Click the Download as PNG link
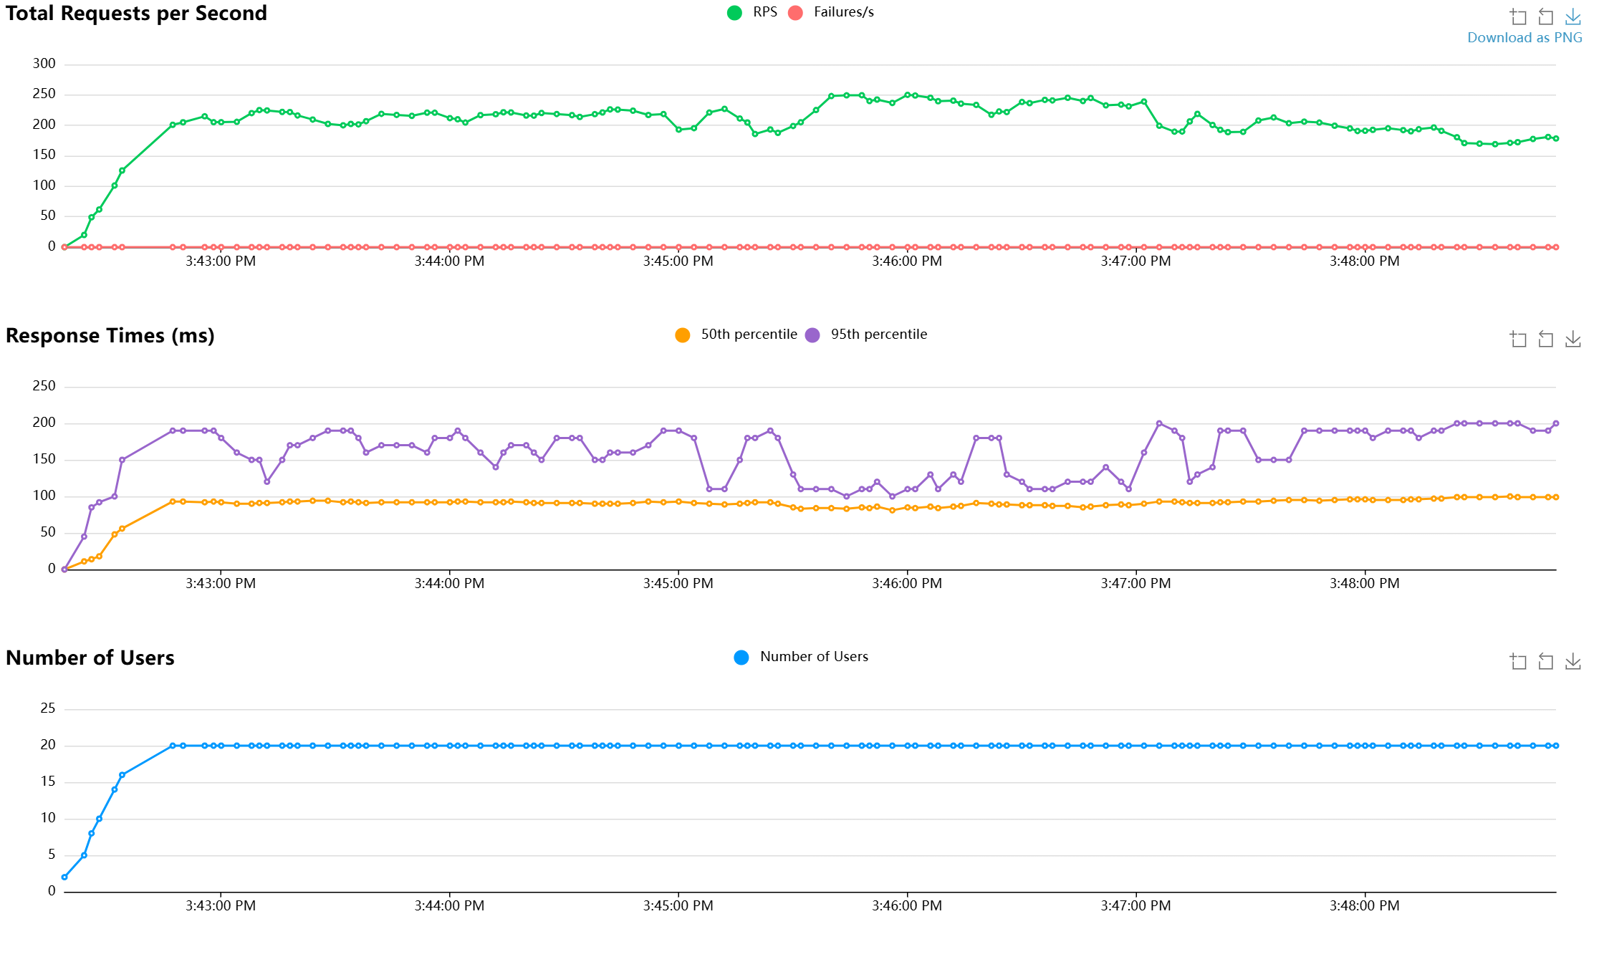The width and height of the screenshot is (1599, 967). tap(1524, 38)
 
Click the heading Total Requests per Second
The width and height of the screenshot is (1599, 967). tap(136, 14)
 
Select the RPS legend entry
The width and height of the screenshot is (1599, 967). tap(752, 12)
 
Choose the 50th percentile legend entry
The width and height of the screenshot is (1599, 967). tap(736, 335)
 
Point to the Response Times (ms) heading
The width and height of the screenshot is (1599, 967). tap(110, 336)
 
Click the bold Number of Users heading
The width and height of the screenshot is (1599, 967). tap(90, 658)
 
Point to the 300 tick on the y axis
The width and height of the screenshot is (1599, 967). tap(44, 64)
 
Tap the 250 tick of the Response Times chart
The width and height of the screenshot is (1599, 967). tap(44, 386)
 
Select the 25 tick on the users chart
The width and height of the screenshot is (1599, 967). tap(48, 708)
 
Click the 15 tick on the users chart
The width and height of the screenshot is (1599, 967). tap(48, 781)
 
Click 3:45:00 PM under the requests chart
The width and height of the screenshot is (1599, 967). tap(678, 261)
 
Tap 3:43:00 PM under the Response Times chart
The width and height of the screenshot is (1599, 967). tap(220, 584)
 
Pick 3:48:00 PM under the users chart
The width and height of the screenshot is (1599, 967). tap(1364, 906)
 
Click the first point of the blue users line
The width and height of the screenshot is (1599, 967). tap(64, 877)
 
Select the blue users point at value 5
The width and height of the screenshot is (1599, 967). tap(84, 855)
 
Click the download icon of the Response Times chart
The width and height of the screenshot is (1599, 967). tap(1572, 339)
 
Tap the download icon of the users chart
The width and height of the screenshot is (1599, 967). tap(1572, 661)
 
